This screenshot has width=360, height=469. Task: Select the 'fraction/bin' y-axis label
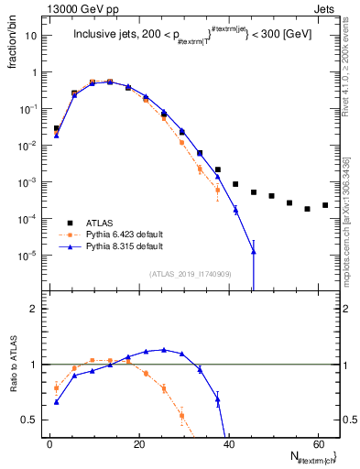(12, 44)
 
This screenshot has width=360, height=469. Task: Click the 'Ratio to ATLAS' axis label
(12, 388)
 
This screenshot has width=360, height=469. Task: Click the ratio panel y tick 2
(33, 310)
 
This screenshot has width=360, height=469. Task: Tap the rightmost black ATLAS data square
(325, 205)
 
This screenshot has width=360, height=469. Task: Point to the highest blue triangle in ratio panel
(164, 349)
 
